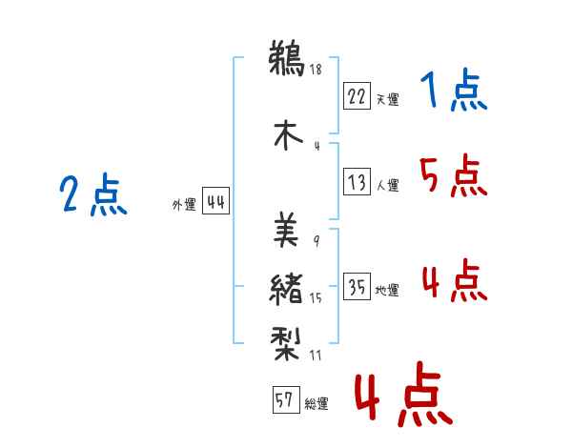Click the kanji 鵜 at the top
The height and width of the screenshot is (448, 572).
(x=287, y=57)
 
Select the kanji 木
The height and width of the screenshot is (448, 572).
(x=288, y=135)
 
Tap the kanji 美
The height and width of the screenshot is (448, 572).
(x=286, y=229)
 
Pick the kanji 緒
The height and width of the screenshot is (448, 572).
(x=286, y=289)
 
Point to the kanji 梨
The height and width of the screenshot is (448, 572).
(x=286, y=343)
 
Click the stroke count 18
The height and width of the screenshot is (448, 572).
(x=316, y=69)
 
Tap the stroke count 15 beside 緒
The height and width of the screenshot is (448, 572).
(x=316, y=297)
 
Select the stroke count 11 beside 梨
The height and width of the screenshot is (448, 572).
(x=316, y=355)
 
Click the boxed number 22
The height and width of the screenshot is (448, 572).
(x=357, y=96)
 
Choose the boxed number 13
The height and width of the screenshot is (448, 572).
(x=357, y=181)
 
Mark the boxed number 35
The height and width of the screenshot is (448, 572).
(x=357, y=286)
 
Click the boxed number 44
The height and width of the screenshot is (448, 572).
(x=215, y=201)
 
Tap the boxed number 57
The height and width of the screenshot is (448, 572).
(x=286, y=399)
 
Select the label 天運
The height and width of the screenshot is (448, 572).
(x=387, y=99)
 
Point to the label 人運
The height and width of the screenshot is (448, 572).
(x=388, y=185)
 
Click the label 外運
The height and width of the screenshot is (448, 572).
(x=184, y=205)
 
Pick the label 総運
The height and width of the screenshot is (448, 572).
(x=317, y=404)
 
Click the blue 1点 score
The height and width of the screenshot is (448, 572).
(x=454, y=90)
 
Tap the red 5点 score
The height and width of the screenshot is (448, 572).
(x=454, y=175)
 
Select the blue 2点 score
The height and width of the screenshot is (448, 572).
(x=93, y=194)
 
